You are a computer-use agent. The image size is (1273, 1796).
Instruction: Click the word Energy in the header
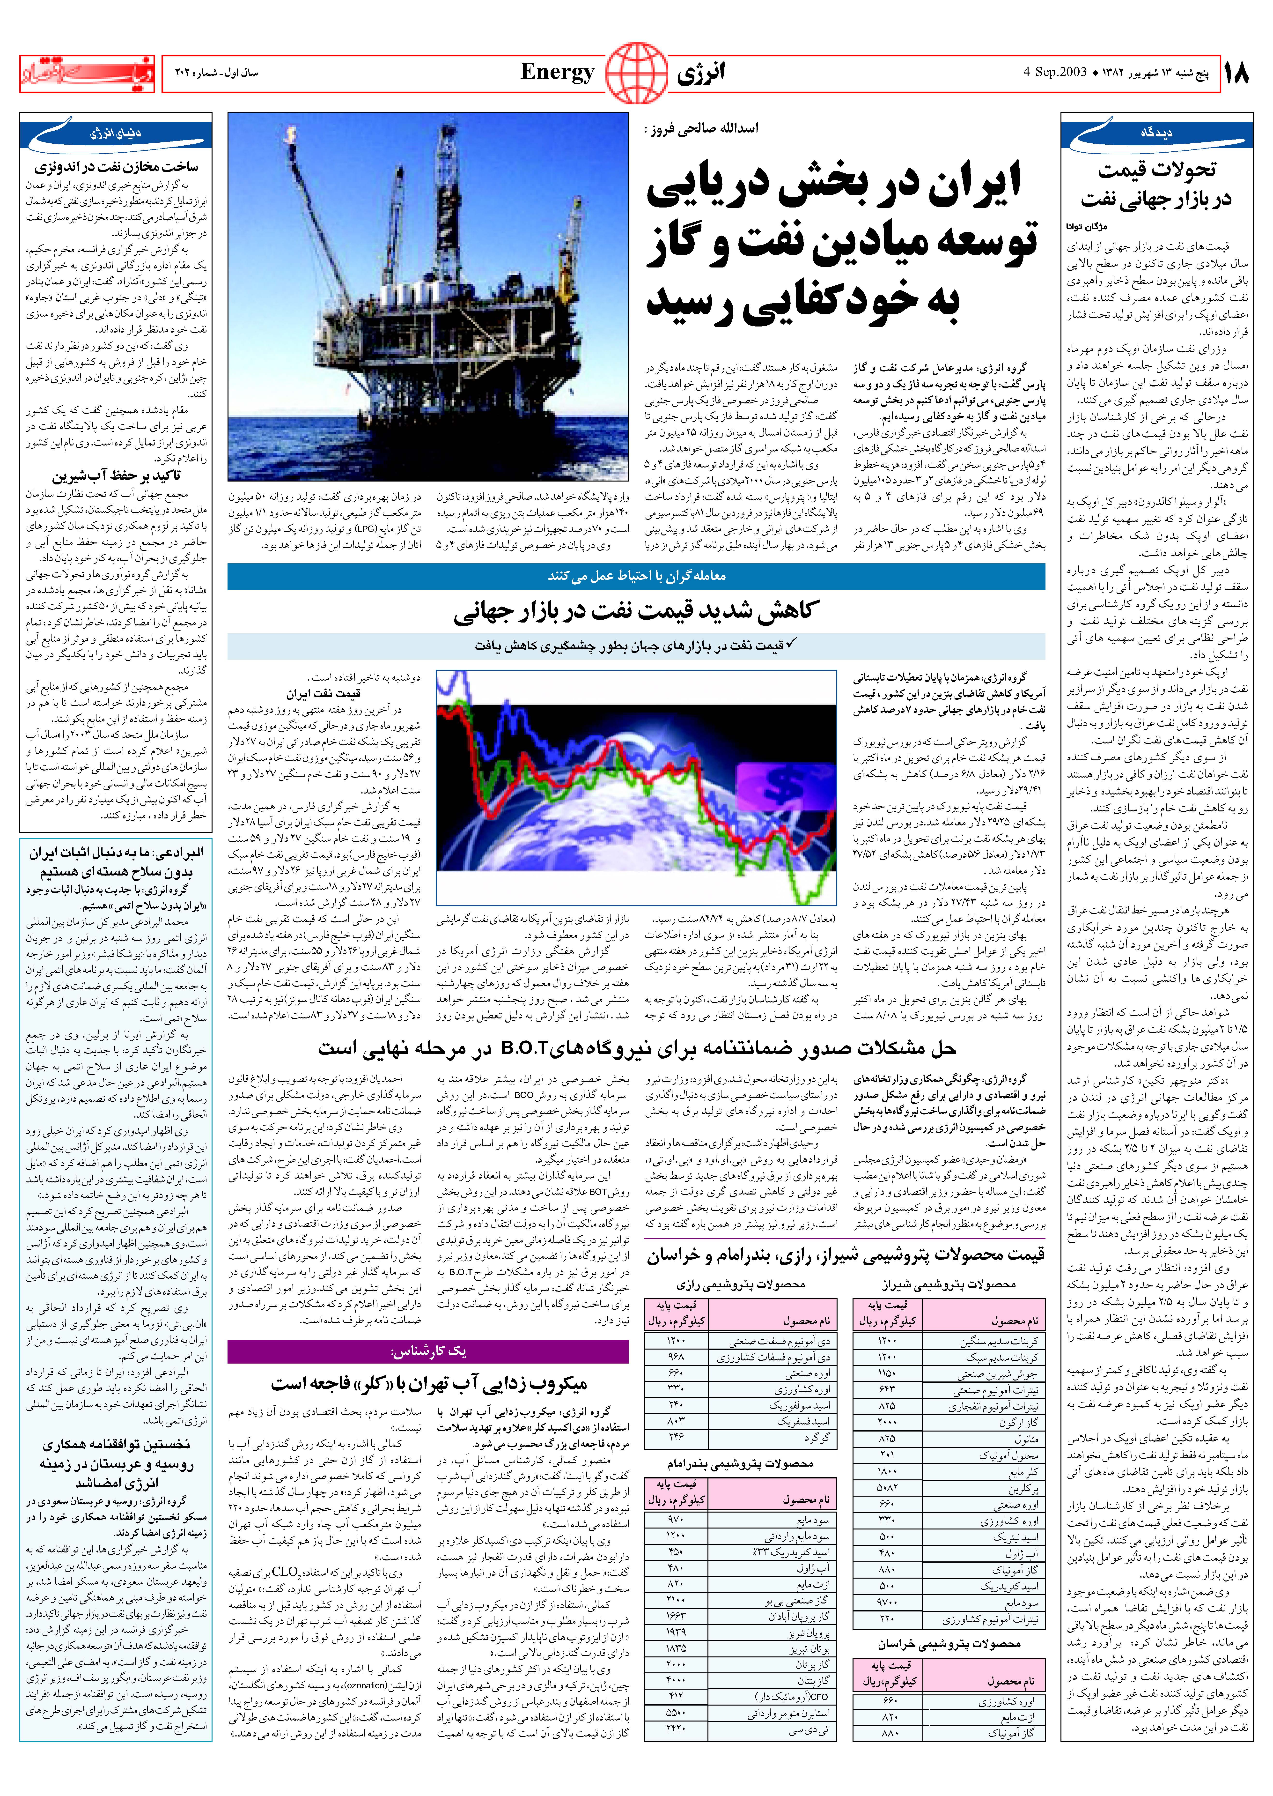click(x=557, y=73)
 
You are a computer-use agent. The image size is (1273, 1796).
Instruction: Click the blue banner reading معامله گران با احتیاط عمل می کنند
click(x=636, y=576)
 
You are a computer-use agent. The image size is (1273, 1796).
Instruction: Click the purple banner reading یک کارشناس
click(x=428, y=1351)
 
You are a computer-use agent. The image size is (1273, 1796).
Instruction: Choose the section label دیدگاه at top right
click(x=1156, y=133)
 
